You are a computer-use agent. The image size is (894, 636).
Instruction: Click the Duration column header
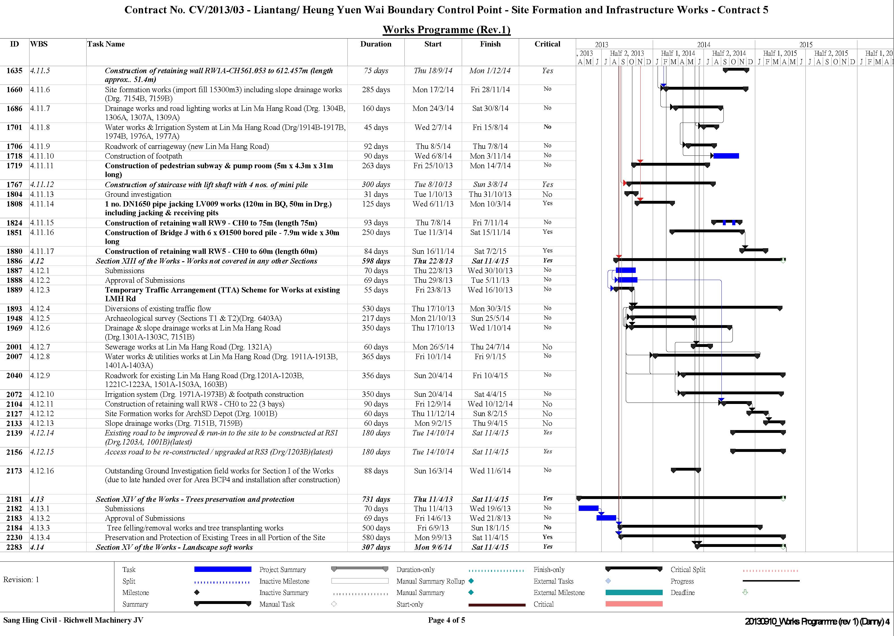click(376, 44)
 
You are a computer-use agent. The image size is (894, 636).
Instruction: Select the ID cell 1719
click(14, 166)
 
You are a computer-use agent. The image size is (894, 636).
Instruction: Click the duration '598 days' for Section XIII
click(376, 261)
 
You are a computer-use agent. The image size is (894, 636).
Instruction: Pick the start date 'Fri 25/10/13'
click(433, 166)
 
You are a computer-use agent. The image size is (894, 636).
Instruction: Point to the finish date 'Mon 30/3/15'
click(490, 309)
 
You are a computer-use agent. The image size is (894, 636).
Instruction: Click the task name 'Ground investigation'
click(138, 194)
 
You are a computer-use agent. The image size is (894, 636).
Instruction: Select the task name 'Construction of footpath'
click(143, 156)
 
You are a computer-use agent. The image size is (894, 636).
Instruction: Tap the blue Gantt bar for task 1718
click(726, 156)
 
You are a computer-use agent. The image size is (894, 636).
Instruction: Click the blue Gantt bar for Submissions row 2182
click(588, 508)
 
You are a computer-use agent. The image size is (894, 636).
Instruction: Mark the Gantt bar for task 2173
click(686, 469)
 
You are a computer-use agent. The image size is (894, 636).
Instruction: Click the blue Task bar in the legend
click(223, 569)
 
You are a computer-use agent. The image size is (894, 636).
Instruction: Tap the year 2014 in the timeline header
click(704, 45)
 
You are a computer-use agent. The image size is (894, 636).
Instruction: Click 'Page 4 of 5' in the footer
click(447, 620)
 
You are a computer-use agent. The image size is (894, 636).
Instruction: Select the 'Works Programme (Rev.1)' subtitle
click(447, 30)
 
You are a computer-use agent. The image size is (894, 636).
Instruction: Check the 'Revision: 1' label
click(21, 580)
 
